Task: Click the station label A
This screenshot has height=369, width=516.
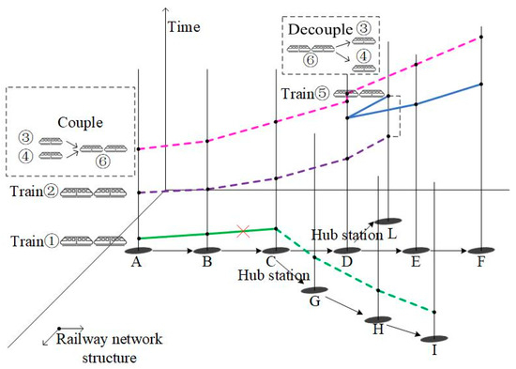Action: click(x=138, y=264)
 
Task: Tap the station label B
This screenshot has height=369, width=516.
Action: click(x=206, y=264)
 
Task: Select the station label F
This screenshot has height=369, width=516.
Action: click(x=480, y=264)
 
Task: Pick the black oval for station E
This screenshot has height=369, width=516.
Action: click(x=415, y=251)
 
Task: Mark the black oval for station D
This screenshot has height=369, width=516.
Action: click(x=347, y=251)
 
